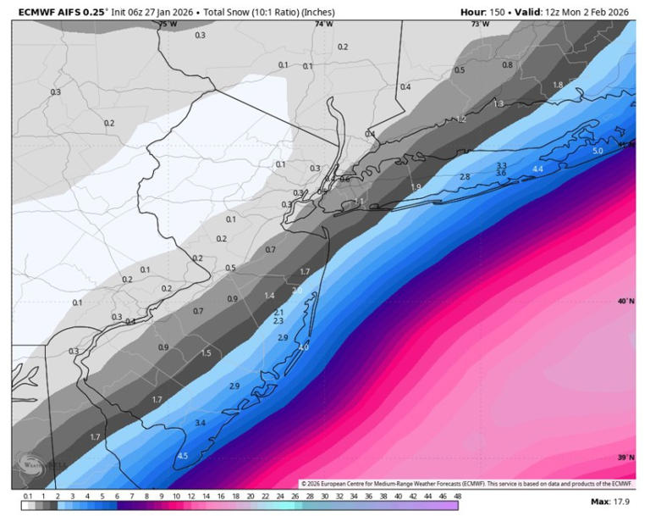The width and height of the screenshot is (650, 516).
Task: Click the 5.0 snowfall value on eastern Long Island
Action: click(x=598, y=151)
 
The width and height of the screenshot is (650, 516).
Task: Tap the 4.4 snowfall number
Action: click(x=537, y=169)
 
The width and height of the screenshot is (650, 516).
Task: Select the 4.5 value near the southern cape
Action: click(x=182, y=456)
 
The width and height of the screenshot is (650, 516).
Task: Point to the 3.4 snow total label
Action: click(x=200, y=422)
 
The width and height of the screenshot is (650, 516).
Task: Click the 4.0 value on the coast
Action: click(x=304, y=347)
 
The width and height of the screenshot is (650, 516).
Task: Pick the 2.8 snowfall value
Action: click(x=465, y=176)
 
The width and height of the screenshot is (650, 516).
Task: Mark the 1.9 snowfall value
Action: click(x=416, y=187)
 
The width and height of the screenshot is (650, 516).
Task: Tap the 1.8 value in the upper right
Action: click(x=558, y=86)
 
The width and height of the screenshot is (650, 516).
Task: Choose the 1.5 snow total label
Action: click(x=206, y=353)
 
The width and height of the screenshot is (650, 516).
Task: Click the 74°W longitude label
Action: click(x=323, y=25)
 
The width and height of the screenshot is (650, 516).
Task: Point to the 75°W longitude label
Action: click(x=168, y=25)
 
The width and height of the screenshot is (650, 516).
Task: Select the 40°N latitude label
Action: click(x=625, y=302)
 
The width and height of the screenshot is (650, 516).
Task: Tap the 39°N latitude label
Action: click(x=625, y=458)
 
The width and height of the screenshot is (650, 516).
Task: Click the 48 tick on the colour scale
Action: click(x=458, y=497)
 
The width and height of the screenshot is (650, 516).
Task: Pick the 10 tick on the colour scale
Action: click(x=176, y=497)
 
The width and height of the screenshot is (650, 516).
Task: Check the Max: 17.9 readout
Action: click(x=611, y=502)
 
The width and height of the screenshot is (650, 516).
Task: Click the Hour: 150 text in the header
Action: click(x=485, y=12)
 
